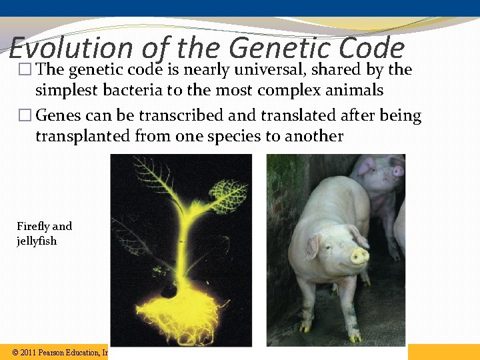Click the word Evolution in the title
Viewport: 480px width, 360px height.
click(x=71, y=48)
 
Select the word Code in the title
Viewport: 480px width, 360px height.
click(x=372, y=48)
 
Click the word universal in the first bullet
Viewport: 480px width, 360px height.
click(x=272, y=69)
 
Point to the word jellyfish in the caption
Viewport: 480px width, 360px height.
click(x=37, y=241)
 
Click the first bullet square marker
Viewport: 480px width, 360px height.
click(x=26, y=70)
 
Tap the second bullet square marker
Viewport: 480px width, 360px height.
click(x=26, y=117)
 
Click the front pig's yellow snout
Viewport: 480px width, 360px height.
click(x=360, y=255)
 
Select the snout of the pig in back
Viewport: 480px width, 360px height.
click(x=398, y=171)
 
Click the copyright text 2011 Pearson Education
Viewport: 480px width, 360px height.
click(x=60, y=352)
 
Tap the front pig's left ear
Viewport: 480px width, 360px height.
click(x=312, y=247)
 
